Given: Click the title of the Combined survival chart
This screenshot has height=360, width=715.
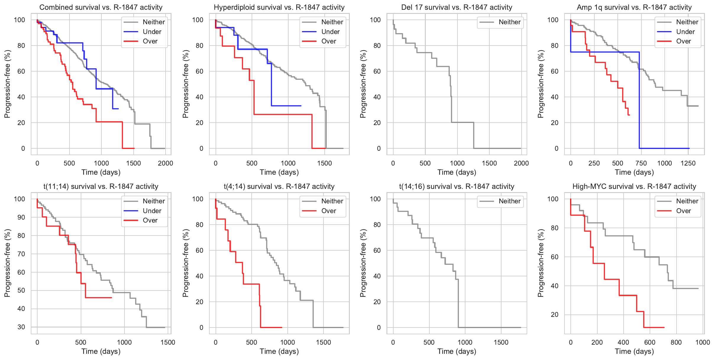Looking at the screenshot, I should coord(101,7).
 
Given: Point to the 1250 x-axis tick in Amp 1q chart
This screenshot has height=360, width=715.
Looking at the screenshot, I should coord(688,163).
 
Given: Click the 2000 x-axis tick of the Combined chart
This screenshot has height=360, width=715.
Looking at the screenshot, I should coord(165,163).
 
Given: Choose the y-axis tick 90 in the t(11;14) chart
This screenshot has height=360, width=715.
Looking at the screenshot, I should coord(21,217).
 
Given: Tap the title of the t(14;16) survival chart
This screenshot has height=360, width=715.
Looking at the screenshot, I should coord(457,187).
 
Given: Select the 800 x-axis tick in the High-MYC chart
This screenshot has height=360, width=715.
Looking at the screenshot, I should coord(676,342).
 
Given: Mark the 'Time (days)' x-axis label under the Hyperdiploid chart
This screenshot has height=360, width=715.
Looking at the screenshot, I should coord(279,172).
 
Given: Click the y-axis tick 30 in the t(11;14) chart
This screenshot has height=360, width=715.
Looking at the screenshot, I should coord(21,327).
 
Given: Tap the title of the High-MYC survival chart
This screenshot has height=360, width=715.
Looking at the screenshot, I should coord(634,187).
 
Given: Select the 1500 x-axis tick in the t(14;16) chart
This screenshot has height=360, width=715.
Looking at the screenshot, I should coord(501,342).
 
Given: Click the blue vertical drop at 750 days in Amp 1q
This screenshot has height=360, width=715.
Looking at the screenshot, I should coord(639,100).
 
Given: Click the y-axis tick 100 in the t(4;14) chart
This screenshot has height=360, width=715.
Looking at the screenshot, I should coord(198,199).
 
